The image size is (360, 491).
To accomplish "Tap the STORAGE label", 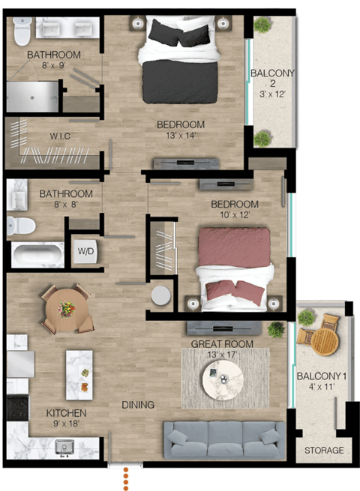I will click(324, 451).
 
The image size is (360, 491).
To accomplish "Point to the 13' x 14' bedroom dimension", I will click(180, 136).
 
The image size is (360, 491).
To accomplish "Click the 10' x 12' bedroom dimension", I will click(234, 215).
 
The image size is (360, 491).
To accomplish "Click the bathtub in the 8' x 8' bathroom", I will click(37, 253).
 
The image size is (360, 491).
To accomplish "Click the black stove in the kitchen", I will click(17, 409).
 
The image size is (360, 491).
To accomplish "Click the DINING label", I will click(138, 405).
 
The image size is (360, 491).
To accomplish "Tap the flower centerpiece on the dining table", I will click(67, 308).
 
